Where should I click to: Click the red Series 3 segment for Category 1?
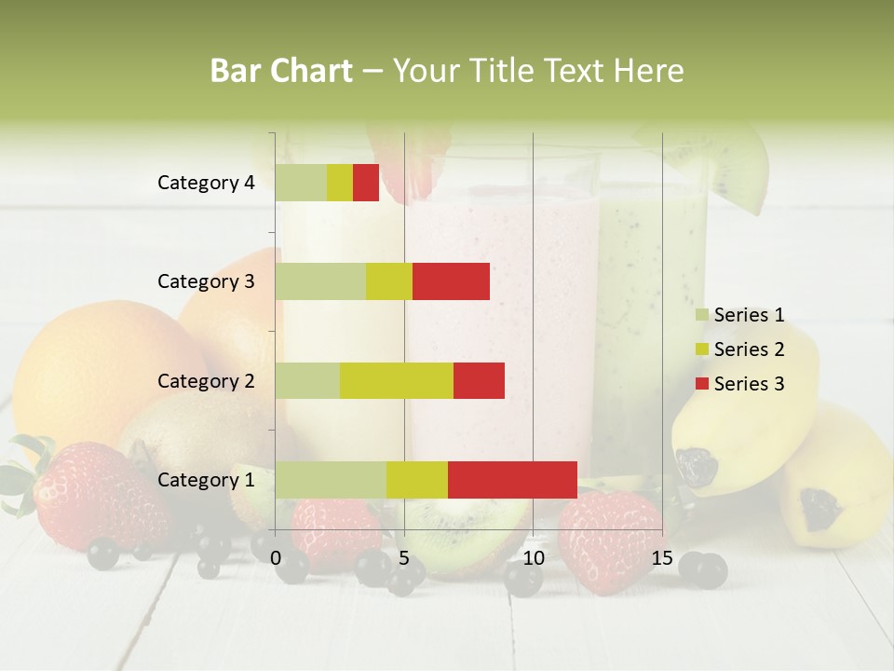[512, 479]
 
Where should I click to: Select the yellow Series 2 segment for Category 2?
[396, 380]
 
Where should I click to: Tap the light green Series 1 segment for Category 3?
[320, 281]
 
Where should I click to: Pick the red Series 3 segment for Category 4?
[366, 183]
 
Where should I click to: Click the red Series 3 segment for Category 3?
[451, 281]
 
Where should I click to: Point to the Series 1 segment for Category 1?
[331, 479]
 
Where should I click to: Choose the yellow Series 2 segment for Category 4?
[340, 183]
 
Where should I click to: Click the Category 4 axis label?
[206, 183]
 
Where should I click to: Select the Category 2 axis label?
[206, 380]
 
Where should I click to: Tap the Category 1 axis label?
[206, 480]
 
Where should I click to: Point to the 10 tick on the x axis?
[533, 558]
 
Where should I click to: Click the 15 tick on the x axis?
[662, 558]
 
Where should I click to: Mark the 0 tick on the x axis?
[276, 558]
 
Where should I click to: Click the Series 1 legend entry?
[739, 315]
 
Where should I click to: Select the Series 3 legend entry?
[739, 384]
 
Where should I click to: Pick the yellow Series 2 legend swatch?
[701, 349]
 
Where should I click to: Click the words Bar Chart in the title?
[281, 71]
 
